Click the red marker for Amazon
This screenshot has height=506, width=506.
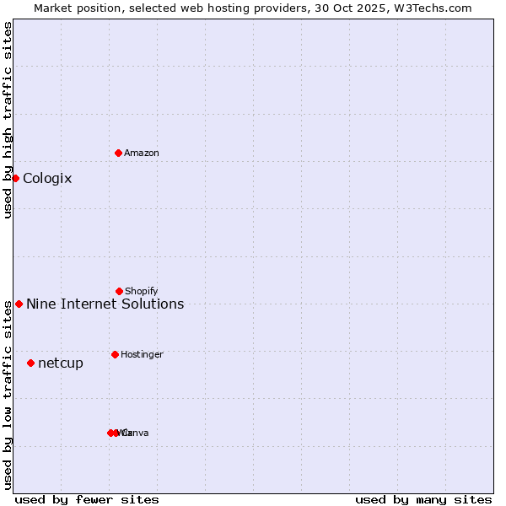pyautogui.click(x=118, y=153)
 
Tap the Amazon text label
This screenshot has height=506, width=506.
pyautogui.click(x=142, y=153)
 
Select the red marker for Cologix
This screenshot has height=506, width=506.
pyautogui.click(x=15, y=178)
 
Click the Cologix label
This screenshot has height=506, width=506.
pyautogui.click(x=47, y=179)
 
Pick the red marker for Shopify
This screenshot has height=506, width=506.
pyautogui.click(x=119, y=291)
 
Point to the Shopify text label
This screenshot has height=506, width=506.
pyautogui.click(x=142, y=292)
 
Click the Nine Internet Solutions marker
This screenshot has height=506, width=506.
pyautogui.click(x=19, y=304)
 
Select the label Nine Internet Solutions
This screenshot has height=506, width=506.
pyautogui.click(x=105, y=304)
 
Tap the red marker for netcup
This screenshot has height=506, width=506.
pyautogui.click(x=30, y=363)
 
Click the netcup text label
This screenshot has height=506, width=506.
pyautogui.click(x=61, y=363)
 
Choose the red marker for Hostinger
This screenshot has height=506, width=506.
pyautogui.click(x=115, y=354)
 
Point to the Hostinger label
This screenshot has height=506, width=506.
pyautogui.click(x=142, y=355)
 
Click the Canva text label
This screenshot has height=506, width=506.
pyautogui.click(x=136, y=433)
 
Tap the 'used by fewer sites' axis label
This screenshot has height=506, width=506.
pyautogui.click(x=87, y=499)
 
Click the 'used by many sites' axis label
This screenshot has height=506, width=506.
pyautogui.click(x=423, y=499)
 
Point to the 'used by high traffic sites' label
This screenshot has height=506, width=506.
pyautogui.click(x=8, y=120)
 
